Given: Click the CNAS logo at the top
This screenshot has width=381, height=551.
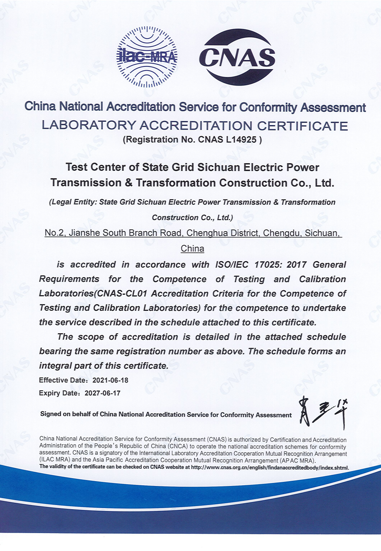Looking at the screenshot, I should click(x=237, y=57).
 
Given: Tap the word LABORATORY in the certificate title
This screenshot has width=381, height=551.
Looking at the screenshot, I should click(x=89, y=126).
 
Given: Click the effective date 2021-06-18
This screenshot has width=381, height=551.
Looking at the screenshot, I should click(x=110, y=380).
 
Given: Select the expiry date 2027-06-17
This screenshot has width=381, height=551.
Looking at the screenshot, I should click(x=102, y=393).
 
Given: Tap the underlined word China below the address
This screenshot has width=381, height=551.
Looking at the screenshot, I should click(x=192, y=249).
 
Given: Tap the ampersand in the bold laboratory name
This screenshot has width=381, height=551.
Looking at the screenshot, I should click(x=129, y=183).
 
